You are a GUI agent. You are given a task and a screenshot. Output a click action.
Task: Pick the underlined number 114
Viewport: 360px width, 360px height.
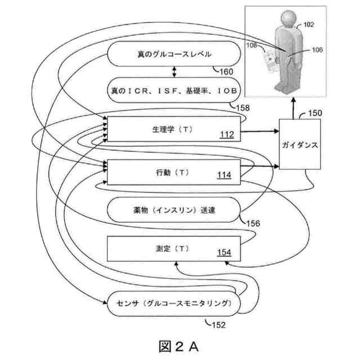224,175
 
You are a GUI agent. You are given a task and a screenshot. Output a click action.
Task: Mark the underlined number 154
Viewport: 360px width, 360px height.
224,252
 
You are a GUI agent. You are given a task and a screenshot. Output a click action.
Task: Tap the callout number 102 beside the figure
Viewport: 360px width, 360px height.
308,25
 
